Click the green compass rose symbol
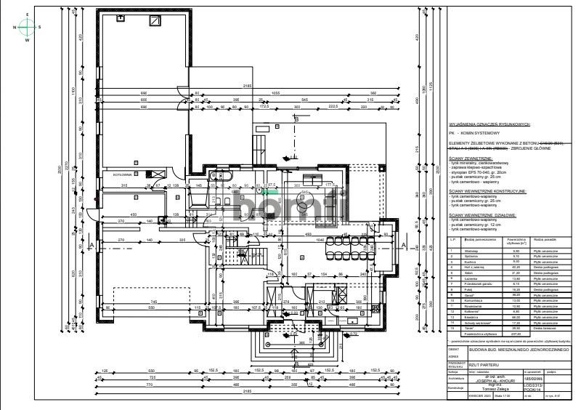[26, 27]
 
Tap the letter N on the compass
[13, 27]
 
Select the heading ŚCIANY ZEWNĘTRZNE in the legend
[471, 157]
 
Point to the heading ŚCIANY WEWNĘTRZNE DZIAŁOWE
[482, 216]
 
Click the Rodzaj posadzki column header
[544, 238]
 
